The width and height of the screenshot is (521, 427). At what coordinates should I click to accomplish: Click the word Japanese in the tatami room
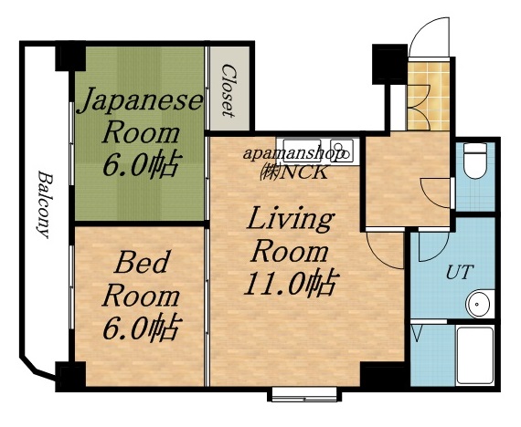138,100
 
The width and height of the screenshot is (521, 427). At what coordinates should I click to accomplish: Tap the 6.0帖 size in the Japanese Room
140,165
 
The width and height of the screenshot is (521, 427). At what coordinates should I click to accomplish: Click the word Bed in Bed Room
141,265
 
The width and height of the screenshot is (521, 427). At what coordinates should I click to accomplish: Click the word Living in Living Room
289,220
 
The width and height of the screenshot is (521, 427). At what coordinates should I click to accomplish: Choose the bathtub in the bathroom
473,358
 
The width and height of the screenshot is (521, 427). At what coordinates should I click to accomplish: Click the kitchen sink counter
315,150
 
